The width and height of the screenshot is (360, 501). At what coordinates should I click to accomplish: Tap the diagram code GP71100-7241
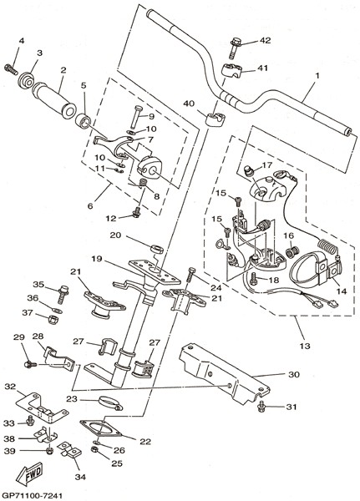click(x=31, y=495)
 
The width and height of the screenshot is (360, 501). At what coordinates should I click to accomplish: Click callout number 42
click(x=265, y=40)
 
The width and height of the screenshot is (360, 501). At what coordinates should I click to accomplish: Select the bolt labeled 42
click(x=236, y=48)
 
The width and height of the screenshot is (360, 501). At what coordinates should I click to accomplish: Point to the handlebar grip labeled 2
click(x=53, y=100)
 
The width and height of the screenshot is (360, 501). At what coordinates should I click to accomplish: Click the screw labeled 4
click(x=11, y=69)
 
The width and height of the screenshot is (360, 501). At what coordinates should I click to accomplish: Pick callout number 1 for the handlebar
click(x=317, y=76)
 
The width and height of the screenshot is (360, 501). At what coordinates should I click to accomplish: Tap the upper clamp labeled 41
click(x=231, y=71)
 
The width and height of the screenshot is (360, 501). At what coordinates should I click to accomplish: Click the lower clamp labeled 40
click(x=214, y=119)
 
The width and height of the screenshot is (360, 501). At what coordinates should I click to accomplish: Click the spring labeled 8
click(x=143, y=184)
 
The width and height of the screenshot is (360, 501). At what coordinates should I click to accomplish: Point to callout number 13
click(x=305, y=346)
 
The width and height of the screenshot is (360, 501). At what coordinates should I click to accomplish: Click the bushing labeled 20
click(x=157, y=249)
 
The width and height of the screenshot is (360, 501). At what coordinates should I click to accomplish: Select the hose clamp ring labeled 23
click(x=110, y=403)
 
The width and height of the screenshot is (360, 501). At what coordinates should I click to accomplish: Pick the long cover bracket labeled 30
click(x=225, y=373)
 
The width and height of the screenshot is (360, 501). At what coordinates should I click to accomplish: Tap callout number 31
click(x=292, y=407)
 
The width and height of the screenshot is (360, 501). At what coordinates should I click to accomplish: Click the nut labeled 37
click(x=53, y=319)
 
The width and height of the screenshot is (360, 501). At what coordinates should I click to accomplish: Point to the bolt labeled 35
click(x=63, y=294)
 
